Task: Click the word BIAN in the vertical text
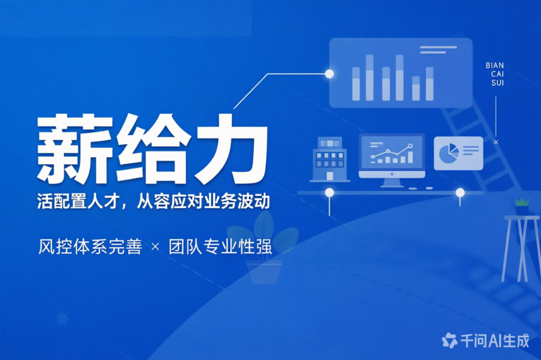(x=495, y=65)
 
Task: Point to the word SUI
(x=498, y=83)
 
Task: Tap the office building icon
(x=330, y=159)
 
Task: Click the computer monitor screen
(x=391, y=153)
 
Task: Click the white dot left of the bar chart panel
(x=330, y=73)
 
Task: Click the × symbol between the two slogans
(x=155, y=247)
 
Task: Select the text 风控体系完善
(x=90, y=247)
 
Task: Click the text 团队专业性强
(x=220, y=247)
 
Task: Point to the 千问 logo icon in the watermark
(x=449, y=340)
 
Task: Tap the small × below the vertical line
(x=496, y=142)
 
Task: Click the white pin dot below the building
(x=330, y=193)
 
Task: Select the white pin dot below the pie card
(x=460, y=193)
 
